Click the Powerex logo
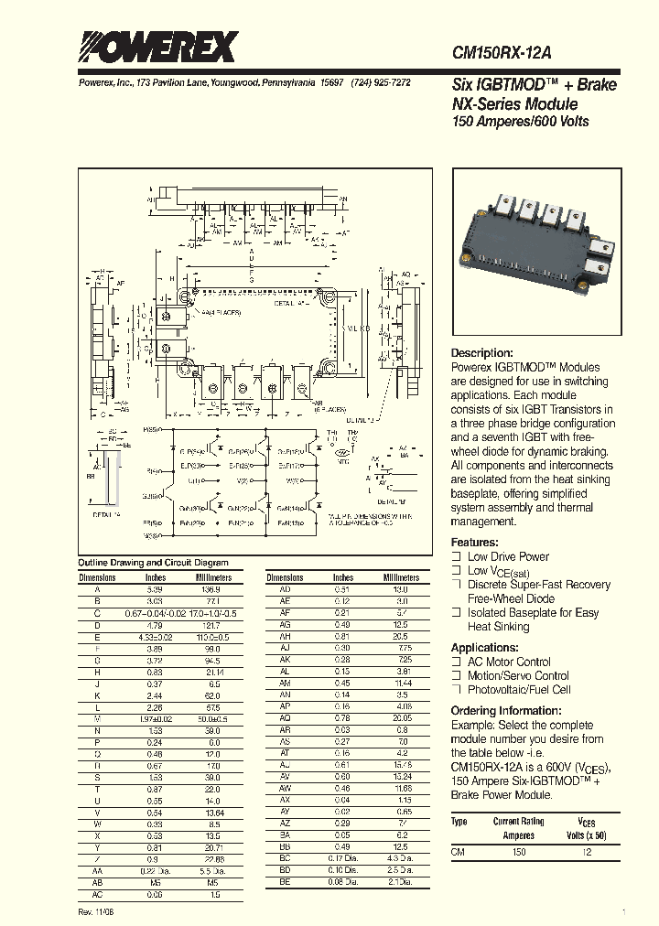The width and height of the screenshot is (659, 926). click(x=157, y=47)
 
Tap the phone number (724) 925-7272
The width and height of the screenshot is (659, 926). click(x=382, y=82)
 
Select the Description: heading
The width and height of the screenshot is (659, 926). click(x=482, y=353)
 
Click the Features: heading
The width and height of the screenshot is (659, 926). click(x=476, y=542)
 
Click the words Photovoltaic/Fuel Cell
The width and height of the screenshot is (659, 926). click(x=519, y=690)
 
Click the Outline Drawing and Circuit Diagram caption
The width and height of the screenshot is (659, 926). click(x=153, y=563)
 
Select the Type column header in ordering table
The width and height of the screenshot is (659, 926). click(x=459, y=821)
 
